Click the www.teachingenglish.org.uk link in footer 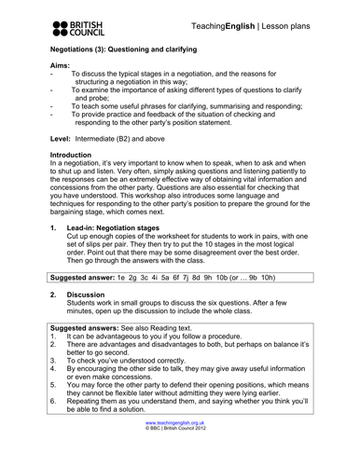[x=180, y=448]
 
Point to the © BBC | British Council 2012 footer [x=180, y=456]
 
